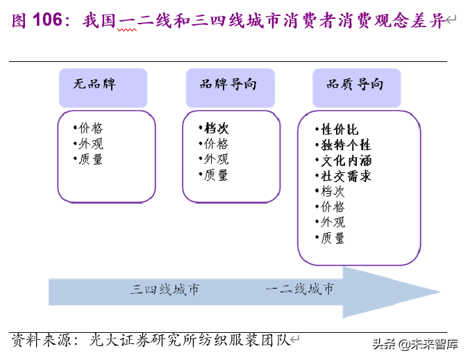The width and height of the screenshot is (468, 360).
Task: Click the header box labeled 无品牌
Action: pyautogui.click(x=103, y=86)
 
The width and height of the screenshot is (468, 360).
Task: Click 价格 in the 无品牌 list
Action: pyautogui.click(x=90, y=128)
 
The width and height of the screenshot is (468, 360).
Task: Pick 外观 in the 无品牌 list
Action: pyautogui.click(x=90, y=143)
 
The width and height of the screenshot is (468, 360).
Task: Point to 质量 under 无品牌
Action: pyautogui.click(x=90, y=159)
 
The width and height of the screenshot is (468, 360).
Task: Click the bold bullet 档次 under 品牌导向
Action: pyautogui.click(x=216, y=129)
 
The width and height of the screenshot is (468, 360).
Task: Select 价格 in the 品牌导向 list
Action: pyautogui.click(x=215, y=144)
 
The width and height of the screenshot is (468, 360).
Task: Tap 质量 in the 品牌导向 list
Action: pyautogui.click(x=215, y=175)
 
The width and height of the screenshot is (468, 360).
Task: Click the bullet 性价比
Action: pyautogui.click(x=339, y=129)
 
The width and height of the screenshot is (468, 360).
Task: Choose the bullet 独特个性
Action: pyautogui.click(x=345, y=145)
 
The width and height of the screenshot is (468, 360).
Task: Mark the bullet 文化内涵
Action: pyautogui.click(x=345, y=161)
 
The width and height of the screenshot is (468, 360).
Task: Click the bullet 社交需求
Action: pyautogui.click(x=345, y=176)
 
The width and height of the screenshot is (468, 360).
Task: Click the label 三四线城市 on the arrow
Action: pyautogui.click(x=165, y=289)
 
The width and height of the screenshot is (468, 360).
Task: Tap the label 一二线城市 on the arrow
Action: pyautogui.click(x=299, y=289)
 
